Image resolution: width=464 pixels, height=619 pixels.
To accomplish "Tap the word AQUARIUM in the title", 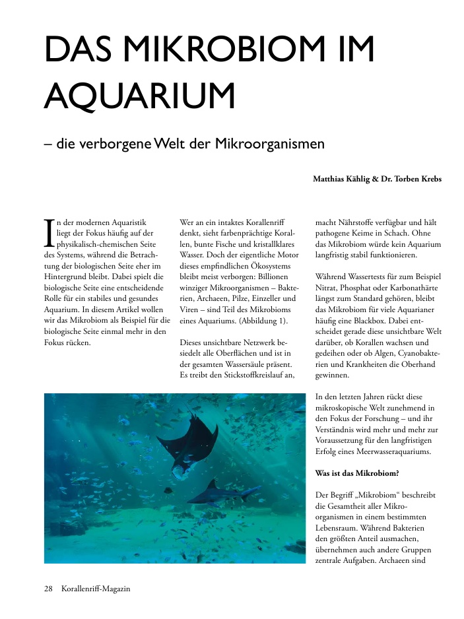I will [139, 95].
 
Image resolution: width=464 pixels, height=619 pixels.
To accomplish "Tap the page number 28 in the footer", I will [48, 588].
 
